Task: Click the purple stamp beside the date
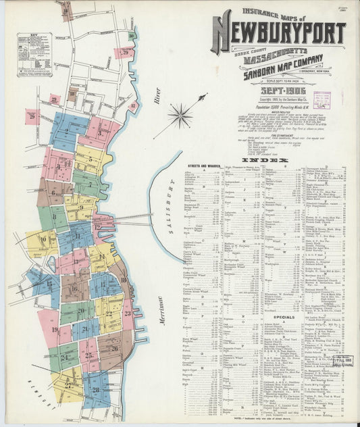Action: [322, 100]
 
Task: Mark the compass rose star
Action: [180, 116]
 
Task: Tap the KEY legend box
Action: [33, 51]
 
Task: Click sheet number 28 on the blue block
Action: [96, 390]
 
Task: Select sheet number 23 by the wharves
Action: [127, 312]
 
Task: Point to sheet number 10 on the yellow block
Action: [43, 239]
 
